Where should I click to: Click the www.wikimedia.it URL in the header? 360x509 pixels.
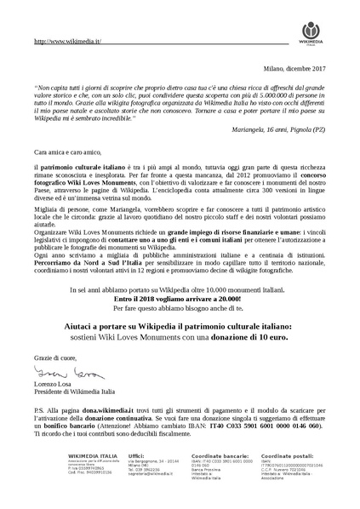click(68, 40)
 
